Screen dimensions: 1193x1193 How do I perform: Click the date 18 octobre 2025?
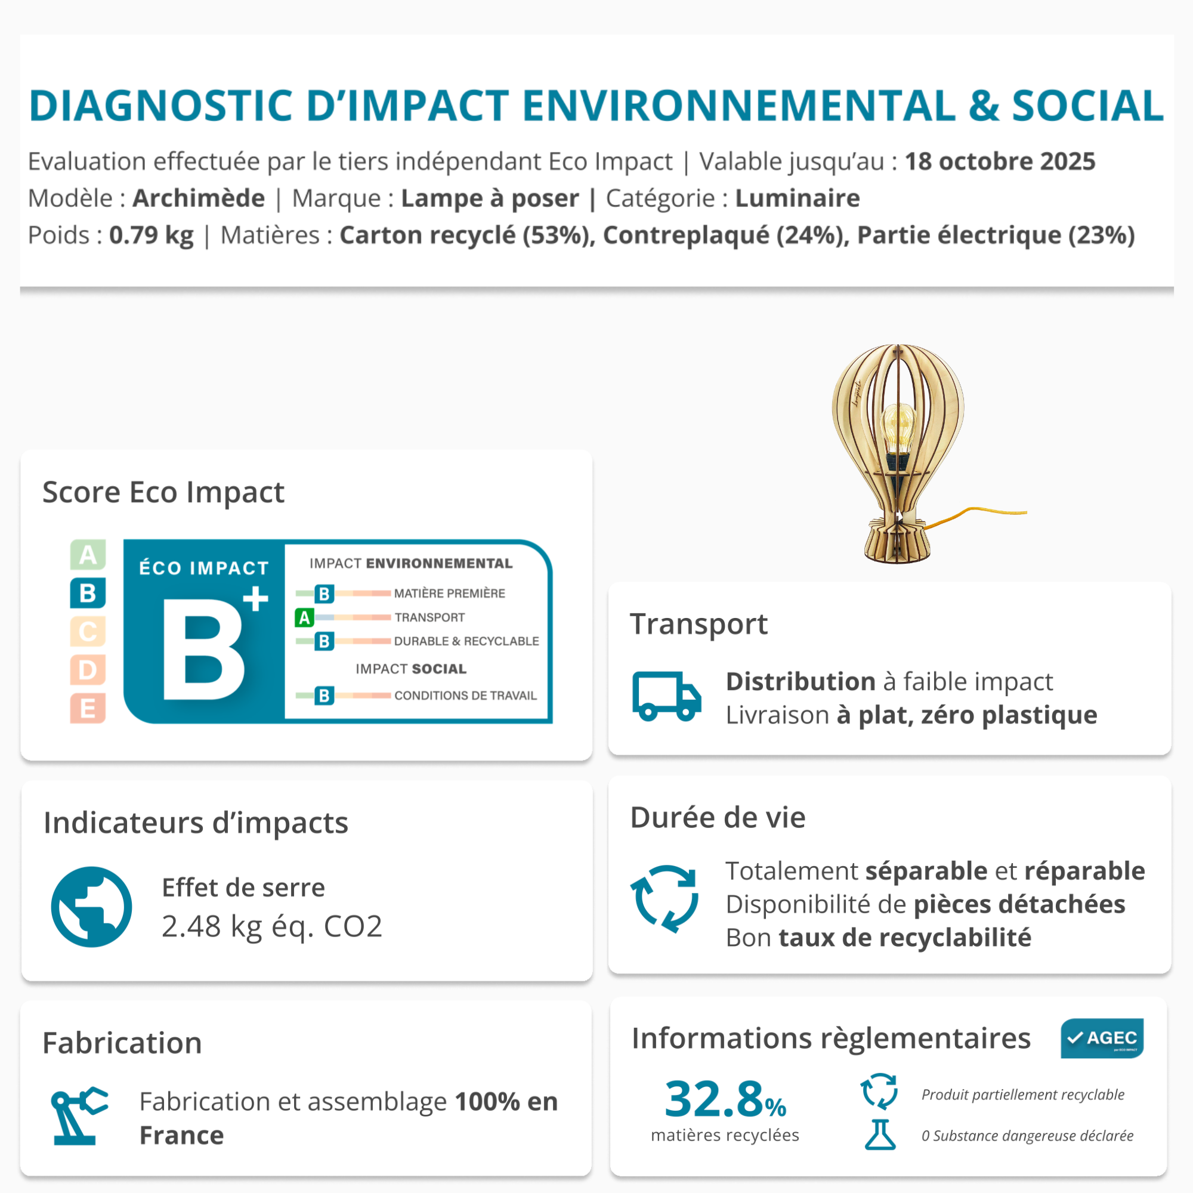(1000, 161)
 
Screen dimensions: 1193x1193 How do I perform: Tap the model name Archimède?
(199, 198)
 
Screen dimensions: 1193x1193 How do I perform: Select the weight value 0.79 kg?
(152, 235)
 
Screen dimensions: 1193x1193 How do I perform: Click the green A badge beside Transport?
(304, 617)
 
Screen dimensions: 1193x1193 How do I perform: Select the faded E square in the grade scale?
(88, 708)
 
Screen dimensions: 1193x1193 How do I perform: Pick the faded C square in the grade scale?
(88, 632)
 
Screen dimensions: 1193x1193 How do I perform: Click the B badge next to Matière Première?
(324, 594)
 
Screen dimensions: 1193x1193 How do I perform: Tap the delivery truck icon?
(667, 696)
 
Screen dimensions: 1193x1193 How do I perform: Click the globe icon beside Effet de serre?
(91, 907)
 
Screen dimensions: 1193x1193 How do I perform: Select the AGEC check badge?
(1102, 1038)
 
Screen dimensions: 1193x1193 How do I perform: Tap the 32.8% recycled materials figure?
(725, 1100)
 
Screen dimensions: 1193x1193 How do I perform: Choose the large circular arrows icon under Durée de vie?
(665, 898)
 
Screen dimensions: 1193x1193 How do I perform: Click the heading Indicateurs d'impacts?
(196, 823)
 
